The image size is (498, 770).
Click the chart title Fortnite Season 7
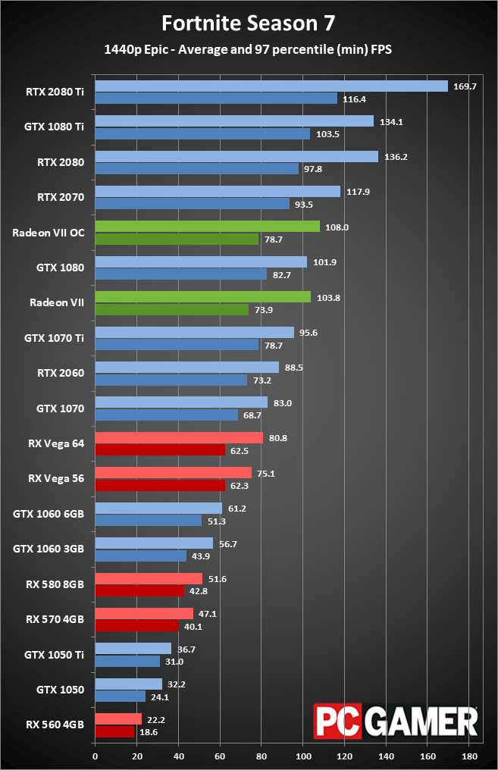[249, 23]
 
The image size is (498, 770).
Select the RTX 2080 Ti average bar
[271, 86]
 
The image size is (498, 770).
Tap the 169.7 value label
[464, 86]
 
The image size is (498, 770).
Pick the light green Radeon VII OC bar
[207, 227]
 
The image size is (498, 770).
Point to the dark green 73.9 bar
[171, 309]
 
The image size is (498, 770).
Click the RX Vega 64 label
[57, 443]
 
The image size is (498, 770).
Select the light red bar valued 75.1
[173, 473]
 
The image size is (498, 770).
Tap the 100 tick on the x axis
[303, 756]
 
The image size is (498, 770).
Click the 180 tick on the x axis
[469, 756]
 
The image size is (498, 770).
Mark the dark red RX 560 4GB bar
[114, 732]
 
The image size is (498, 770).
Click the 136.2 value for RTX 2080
[394, 157]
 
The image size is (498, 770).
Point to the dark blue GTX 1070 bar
[166, 415]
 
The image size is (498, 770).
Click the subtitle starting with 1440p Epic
[248, 50]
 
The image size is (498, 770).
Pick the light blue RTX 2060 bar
[186, 368]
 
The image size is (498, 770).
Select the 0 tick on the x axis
[95, 756]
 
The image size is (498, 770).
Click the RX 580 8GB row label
[55, 584]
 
